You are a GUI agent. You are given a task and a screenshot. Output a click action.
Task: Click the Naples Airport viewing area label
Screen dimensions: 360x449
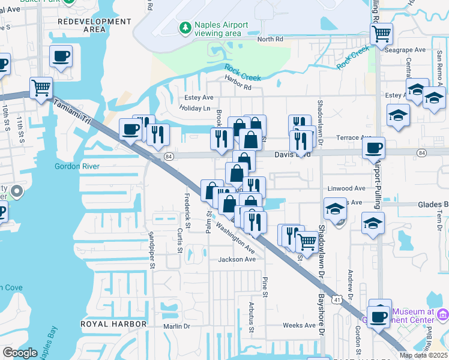pyautogui.click(x=221, y=29)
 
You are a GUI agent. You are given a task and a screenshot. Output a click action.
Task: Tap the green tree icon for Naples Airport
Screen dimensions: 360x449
pyautogui.click(x=185, y=28)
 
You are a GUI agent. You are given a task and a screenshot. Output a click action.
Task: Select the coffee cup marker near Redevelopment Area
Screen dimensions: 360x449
pyautogui.click(x=61, y=56)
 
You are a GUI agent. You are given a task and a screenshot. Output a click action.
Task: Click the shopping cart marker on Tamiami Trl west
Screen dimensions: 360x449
pyautogui.click(x=41, y=88)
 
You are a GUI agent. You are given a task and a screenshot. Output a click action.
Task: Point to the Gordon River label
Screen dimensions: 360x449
pyautogui.click(x=76, y=166)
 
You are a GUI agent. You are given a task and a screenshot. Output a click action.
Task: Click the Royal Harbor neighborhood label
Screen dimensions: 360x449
pyautogui.click(x=113, y=324)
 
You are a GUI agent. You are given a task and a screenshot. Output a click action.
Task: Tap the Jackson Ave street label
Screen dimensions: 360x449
pyautogui.click(x=237, y=259)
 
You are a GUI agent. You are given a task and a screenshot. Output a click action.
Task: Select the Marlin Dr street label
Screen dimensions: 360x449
pyautogui.click(x=176, y=326)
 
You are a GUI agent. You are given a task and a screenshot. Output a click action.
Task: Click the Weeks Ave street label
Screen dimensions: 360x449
pyautogui.click(x=299, y=325)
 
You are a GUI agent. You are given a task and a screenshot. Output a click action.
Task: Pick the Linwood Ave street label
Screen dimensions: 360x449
pyautogui.click(x=346, y=188)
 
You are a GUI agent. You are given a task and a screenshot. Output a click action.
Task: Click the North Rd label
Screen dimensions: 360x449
pyautogui.click(x=270, y=40)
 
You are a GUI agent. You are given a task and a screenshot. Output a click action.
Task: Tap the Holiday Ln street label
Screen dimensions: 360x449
pyautogui.click(x=195, y=109)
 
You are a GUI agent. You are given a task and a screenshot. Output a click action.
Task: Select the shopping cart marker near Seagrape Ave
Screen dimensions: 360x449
pyautogui.click(x=381, y=34)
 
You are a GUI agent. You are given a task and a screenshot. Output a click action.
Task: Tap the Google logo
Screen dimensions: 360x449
pyautogui.click(x=20, y=353)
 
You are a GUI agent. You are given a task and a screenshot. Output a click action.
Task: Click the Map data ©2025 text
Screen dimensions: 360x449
pyautogui.click(x=424, y=355)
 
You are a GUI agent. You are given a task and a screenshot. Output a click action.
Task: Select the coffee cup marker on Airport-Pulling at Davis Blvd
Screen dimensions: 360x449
pyautogui.click(x=374, y=148)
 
